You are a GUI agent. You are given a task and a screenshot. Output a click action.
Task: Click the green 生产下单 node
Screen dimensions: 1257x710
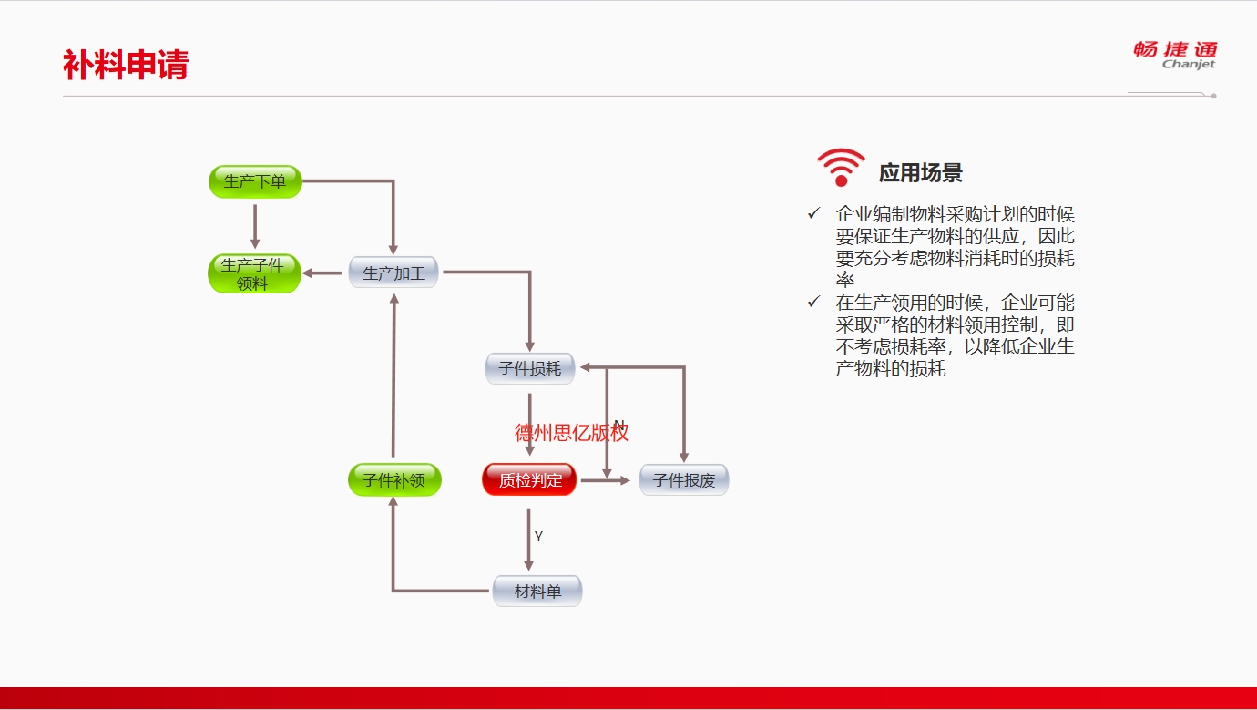255,181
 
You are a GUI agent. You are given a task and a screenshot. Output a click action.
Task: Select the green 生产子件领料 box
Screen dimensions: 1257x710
254,273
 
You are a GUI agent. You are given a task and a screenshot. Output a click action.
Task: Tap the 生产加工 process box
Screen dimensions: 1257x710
393,273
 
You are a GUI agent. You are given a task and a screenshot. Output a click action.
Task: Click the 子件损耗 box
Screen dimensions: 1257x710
530,368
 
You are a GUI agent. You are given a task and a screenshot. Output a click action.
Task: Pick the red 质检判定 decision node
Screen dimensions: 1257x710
530,479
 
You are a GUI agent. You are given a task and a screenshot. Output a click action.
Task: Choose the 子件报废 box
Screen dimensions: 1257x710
684,479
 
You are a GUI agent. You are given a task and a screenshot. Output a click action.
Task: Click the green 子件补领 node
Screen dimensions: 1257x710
394,479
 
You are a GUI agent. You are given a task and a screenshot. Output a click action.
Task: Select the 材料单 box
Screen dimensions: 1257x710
537,591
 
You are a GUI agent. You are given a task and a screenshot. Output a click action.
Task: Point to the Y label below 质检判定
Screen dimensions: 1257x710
538,537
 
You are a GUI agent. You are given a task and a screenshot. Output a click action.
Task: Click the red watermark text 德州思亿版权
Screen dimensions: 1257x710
571,433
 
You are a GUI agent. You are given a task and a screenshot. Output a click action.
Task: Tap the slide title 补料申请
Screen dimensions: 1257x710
126,65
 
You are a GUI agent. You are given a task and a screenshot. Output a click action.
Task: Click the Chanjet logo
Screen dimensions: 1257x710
1175,55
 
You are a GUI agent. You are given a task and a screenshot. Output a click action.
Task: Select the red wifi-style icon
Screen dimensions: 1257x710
841,167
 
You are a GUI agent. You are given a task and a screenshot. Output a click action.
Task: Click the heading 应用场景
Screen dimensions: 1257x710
920,173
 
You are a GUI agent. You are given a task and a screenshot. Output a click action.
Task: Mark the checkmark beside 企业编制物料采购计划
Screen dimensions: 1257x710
813,213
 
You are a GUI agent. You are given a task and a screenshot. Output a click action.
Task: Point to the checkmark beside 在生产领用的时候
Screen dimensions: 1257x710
813,303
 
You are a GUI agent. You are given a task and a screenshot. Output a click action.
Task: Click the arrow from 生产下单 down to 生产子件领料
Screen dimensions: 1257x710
255,226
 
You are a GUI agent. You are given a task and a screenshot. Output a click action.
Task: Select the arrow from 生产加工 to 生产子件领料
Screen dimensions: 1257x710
322,273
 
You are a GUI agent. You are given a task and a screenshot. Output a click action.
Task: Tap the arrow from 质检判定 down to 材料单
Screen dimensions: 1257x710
528,540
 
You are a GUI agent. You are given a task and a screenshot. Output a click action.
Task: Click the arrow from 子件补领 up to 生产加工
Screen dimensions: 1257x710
393,376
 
